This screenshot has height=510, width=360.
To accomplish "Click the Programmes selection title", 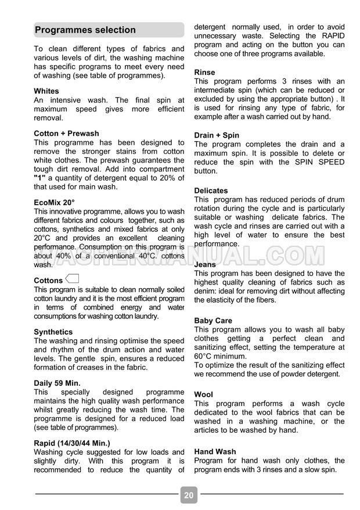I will [85, 30].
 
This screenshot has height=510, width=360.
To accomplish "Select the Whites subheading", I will [46, 91].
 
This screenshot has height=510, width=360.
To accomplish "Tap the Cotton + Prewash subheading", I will [66, 134].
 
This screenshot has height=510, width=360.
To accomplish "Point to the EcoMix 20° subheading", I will [54, 203].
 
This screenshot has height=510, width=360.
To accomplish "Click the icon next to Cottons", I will [73, 278].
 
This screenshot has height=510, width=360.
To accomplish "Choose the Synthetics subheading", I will [53, 332].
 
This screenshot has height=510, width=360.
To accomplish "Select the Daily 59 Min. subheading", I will [57, 383].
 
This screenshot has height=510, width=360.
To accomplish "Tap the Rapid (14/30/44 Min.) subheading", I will [72, 443].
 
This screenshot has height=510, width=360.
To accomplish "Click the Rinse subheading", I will [204, 73].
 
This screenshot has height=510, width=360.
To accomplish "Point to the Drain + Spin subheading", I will [217, 135].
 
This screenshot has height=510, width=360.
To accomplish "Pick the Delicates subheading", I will [211, 191].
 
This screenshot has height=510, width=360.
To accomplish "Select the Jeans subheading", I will [205, 264].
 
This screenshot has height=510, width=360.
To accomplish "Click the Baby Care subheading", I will [213, 321].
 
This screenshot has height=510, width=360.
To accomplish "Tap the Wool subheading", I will [203, 394].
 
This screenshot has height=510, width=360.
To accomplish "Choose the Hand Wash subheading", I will [215, 451].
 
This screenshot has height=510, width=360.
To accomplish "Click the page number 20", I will [189, 495].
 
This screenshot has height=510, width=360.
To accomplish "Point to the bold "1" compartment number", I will [40, 178].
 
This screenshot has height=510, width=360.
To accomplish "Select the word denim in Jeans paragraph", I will [206, 291].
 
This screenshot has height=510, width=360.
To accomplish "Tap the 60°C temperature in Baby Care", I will [204, 356].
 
